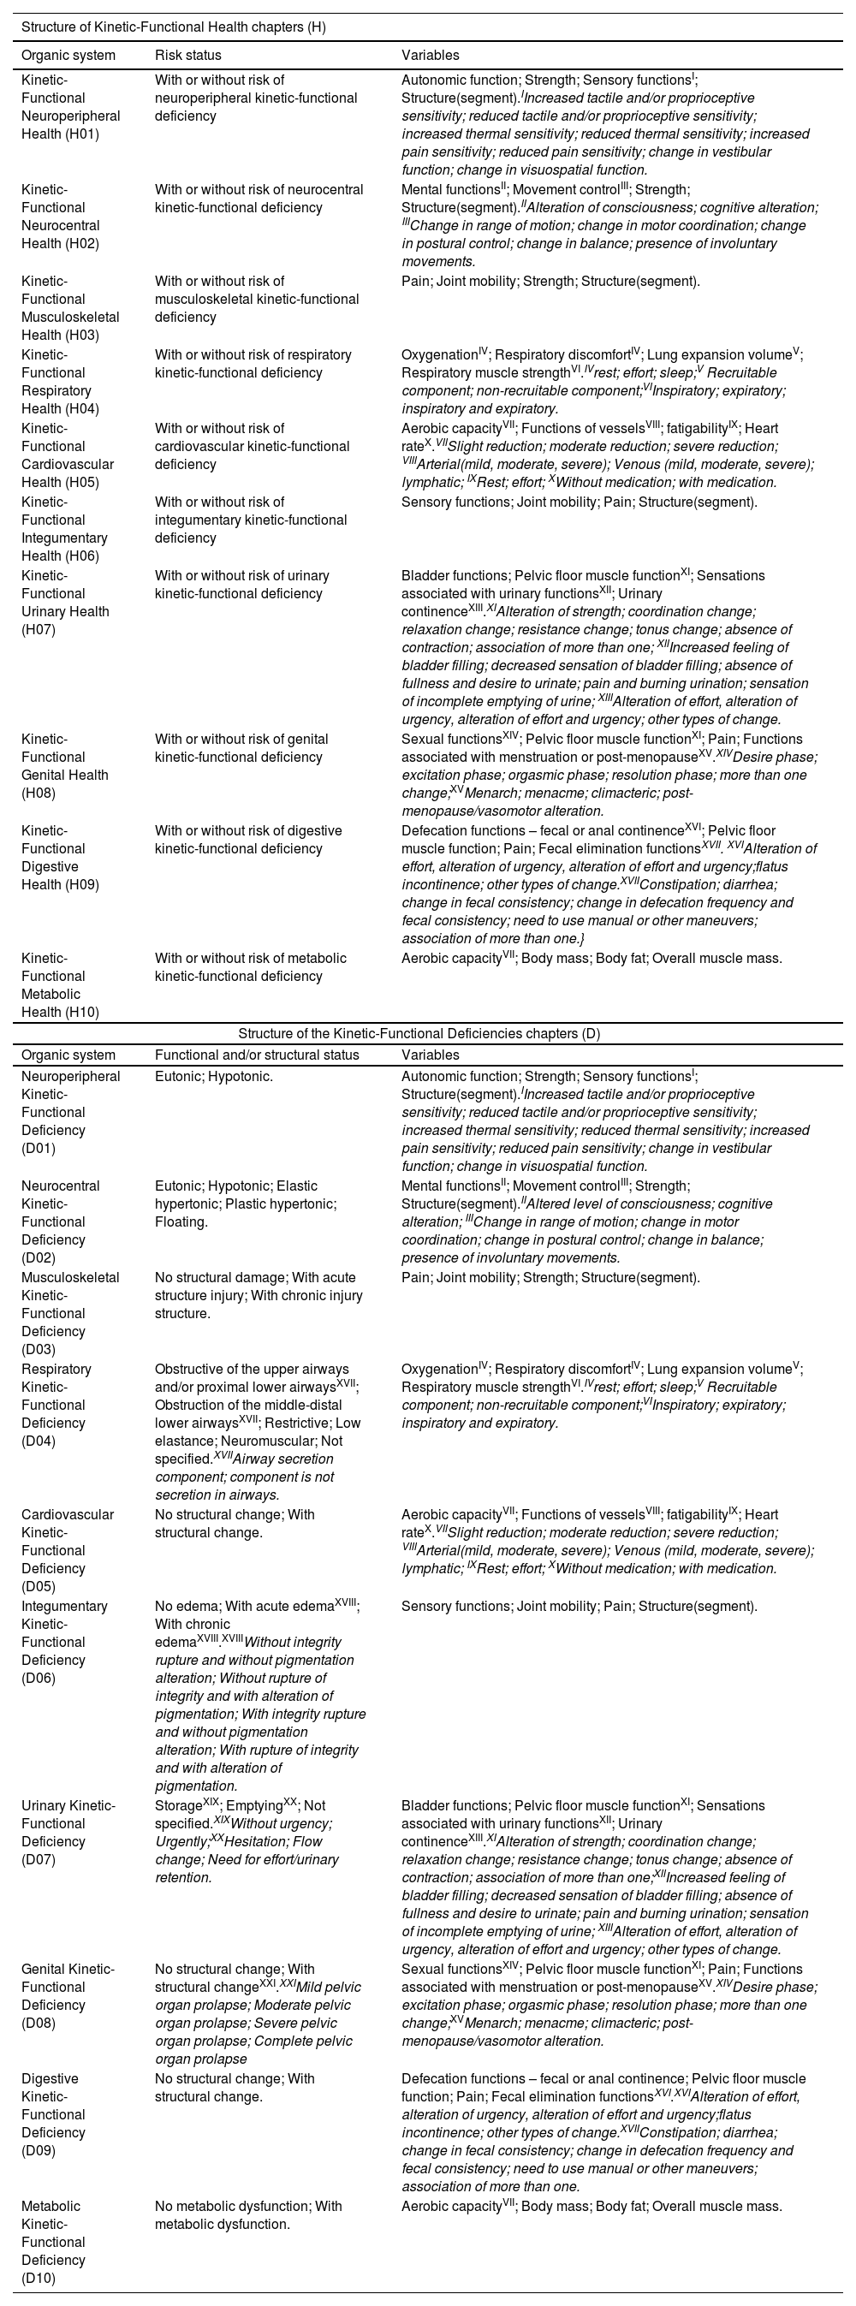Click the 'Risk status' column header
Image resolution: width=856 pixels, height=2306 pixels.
coord(188,56)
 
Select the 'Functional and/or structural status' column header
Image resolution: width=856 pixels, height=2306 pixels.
coord(256,1055)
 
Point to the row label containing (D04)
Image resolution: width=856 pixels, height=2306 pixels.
coord(59,1405)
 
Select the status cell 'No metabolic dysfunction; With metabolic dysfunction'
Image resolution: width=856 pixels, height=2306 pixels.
coord(248,2214)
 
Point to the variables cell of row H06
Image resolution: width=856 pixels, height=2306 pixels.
coord(579,502)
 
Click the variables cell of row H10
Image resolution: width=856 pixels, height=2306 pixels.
coord(591,958)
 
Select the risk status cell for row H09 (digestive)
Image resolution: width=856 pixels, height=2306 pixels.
coord(248,840)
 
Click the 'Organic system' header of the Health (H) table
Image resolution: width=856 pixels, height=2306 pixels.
coord(68,56)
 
